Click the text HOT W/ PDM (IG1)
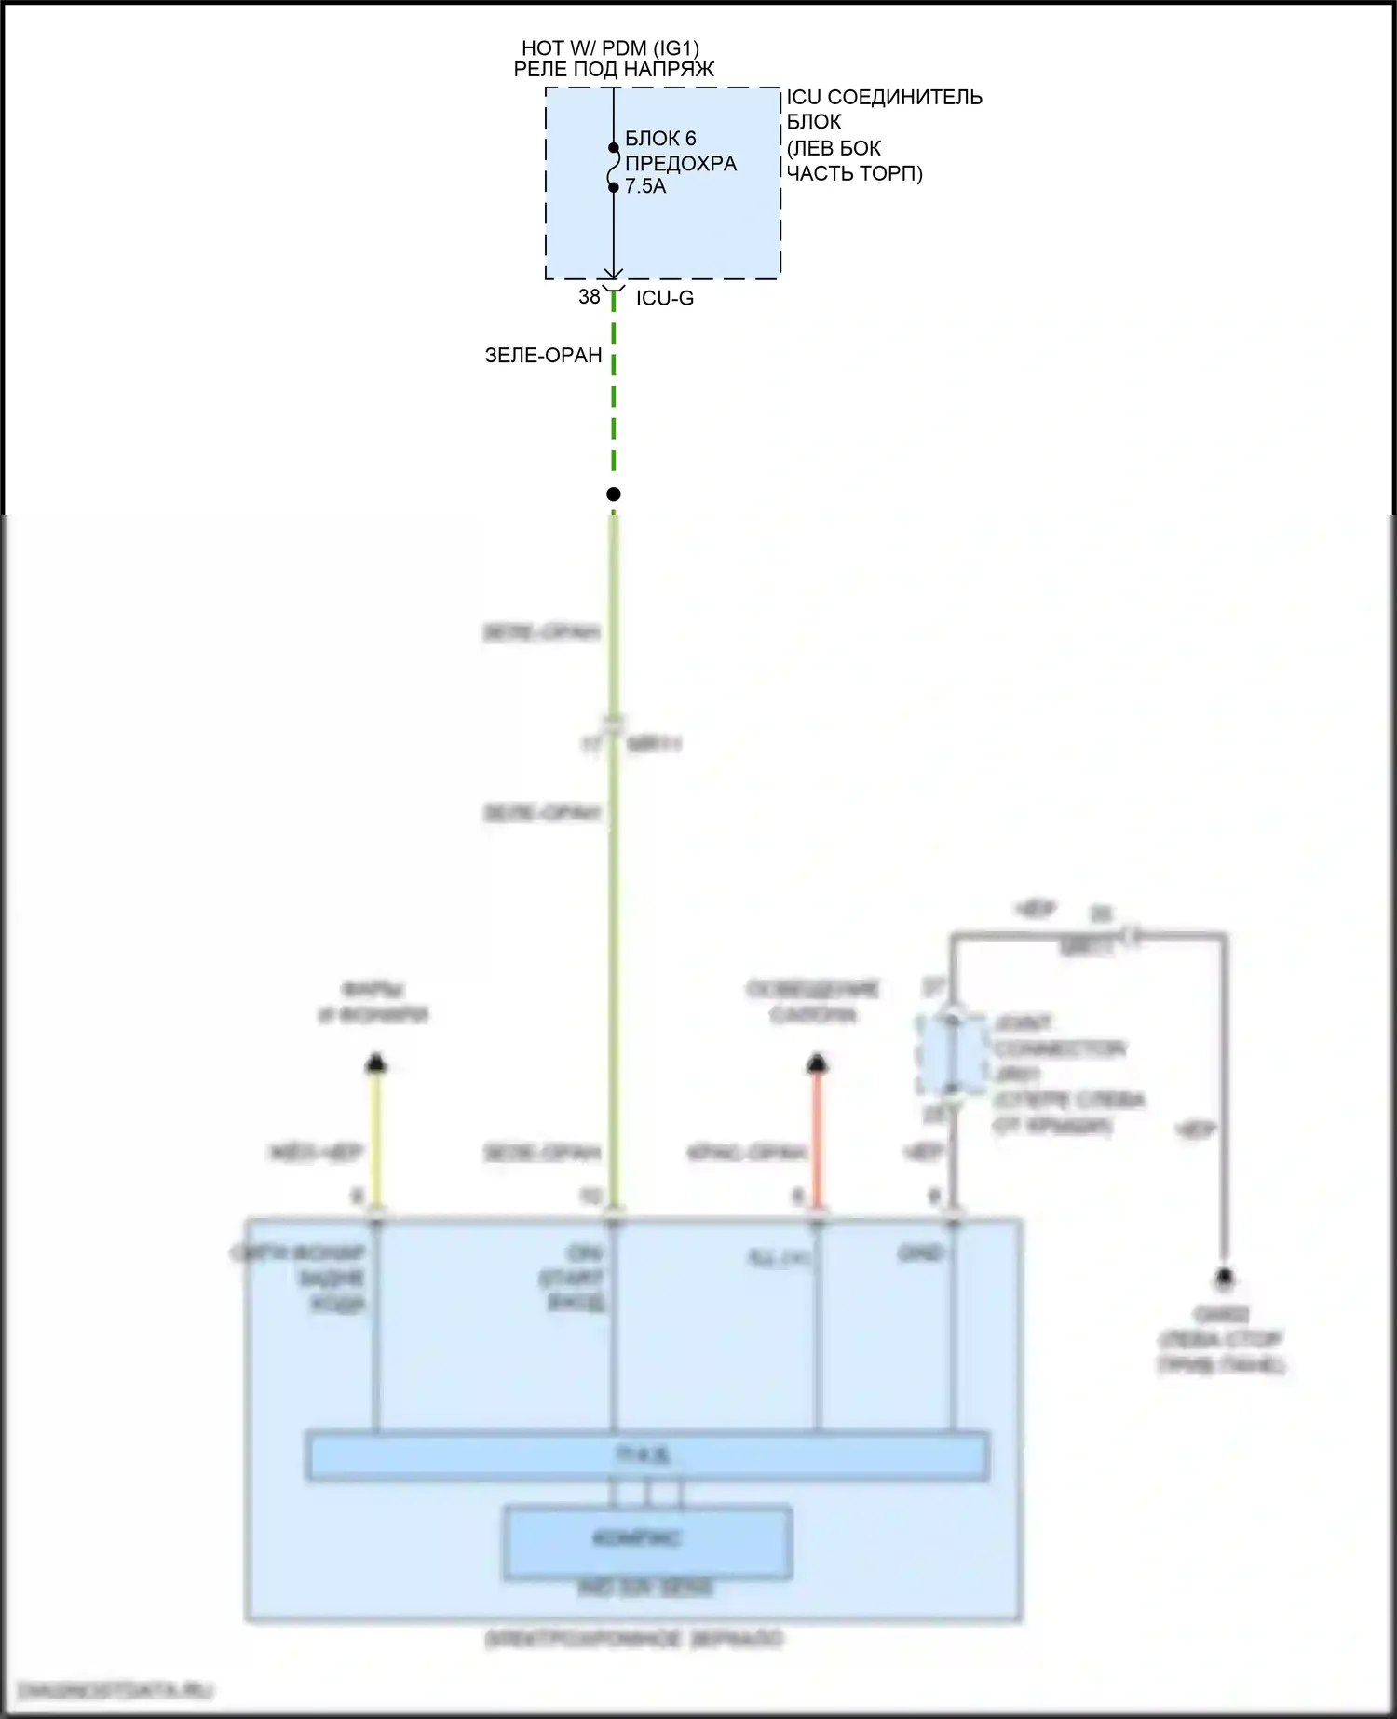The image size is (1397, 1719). pyautogui.click(x=610, y=47)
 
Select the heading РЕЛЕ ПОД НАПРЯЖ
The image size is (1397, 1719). pyautogui.click(x=614, y=69)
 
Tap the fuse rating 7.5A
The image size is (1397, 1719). pyautogui.click(x=645, y=186)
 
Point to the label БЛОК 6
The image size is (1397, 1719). pyautogui.click(x=660, y=139)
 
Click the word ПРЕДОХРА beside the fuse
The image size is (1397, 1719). pyautogui.click(x=681, y=163)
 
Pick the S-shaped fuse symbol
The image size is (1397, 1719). pyautogui.click(x=613, y=168)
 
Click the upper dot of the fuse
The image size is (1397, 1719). pyautogui.click(x=613, y=147)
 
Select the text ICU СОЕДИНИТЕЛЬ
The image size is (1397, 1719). pyautogui.click(x=884, y=97)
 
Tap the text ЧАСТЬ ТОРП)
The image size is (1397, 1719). pyautogui.click(x=854, y=173)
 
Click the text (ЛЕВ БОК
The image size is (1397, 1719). pyautogui.click(x=834, y=148)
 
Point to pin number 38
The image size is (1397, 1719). pyautogui.click(x=589, y=297)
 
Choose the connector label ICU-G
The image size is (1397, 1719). pyautogui.click(x=665, y=298)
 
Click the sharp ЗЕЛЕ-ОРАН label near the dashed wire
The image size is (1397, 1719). pyautogui.click(x=543, y=355)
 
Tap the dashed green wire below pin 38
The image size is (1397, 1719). pyautogui.click(x=614, y=391)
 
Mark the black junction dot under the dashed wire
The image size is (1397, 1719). pyautogui.click(x=613, y=494)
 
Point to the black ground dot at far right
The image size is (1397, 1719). pyautogui.click(x=1225, y=1277)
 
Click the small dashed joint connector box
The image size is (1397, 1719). pyautogui.click(x=951, y=1053)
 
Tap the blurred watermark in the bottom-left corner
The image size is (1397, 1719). pyautogui.click(x=116, y=1690)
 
